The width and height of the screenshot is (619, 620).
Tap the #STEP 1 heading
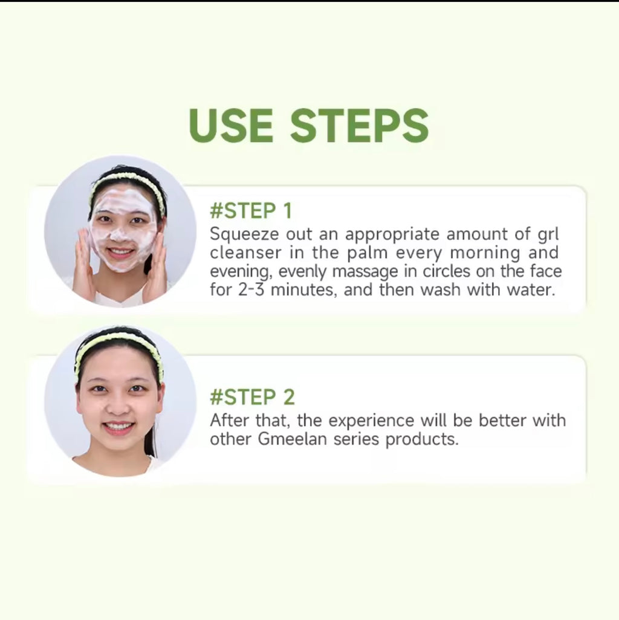(x=250, y=211)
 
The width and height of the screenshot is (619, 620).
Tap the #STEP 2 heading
(x=252, y=397)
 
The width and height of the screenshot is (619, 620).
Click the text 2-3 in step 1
(x=251, y=289)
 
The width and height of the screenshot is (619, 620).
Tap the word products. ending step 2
(x=422, y=439)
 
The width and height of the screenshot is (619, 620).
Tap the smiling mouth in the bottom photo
(x=118, y=427)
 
